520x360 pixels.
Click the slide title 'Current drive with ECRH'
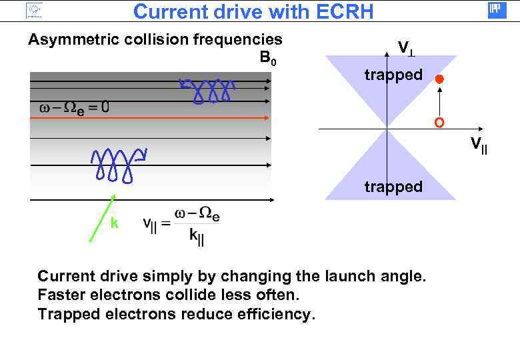253,11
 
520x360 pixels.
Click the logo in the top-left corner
33,10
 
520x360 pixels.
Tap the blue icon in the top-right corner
497,10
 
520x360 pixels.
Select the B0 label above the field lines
268,59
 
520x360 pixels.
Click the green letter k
115,224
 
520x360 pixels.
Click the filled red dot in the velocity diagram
439,80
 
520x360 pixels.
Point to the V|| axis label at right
479,144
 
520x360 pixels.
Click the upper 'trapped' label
393,75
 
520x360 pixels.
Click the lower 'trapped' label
393,187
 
